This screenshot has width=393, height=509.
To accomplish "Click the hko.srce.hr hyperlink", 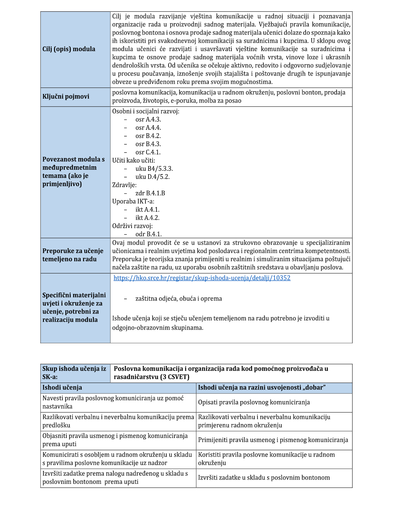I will [x=202, y=278].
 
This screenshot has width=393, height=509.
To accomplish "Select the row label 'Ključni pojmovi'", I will [x=66, y=97].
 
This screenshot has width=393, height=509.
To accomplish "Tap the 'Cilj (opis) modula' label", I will [x=69, y=49].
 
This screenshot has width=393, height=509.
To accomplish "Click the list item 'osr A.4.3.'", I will [x=148, y=120].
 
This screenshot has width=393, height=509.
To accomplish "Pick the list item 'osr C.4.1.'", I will [x=148, y=152].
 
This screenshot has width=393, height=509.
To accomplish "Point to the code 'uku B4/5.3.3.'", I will [x=154, y=169].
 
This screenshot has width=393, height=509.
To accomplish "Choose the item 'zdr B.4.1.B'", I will [x=150, y=193].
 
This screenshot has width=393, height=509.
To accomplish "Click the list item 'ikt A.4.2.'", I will [x=147, y=218].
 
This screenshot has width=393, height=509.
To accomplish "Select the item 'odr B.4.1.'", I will [x=149, y=234].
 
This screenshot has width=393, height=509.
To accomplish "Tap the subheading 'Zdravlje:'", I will [x=124, y=185].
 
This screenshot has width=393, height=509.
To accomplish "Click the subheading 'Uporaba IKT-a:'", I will [x=133, y=201].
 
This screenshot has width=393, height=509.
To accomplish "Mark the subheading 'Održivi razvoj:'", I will [x=132, y=226].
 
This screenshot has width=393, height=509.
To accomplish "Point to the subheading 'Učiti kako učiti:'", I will [x=134, y=161].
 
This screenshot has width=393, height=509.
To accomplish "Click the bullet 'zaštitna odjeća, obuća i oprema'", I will [x=179, y=299].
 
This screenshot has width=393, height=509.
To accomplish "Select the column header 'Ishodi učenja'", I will [x=62, y=387].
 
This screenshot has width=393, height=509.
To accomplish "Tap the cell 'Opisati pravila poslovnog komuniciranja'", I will [x=254, y=402].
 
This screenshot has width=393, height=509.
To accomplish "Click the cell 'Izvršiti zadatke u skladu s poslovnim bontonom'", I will [x=264, y=478].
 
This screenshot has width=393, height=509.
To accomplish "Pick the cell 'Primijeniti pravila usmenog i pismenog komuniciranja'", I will [x=273, y=440].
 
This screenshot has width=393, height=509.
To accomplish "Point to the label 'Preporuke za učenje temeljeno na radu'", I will [x=73, y=255].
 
